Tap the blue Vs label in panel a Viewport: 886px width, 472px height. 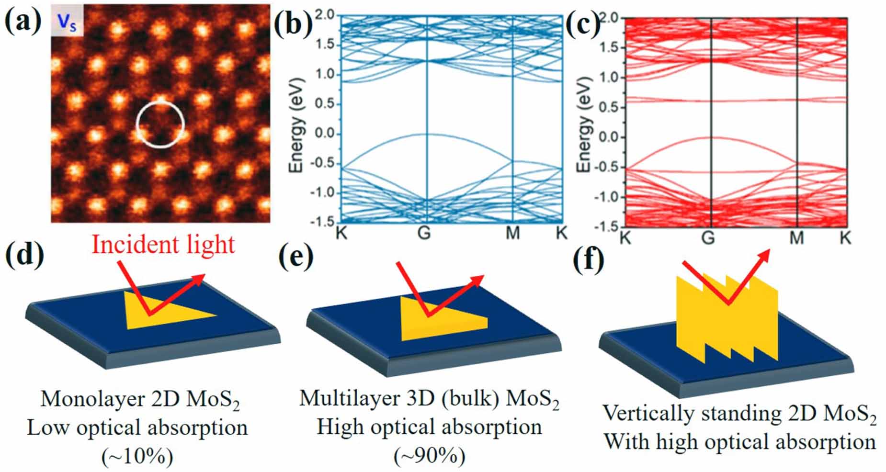tap(68, 21)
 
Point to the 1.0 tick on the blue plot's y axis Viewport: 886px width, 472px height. tap(325, 75)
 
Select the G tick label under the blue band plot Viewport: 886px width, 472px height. tap(424, 233)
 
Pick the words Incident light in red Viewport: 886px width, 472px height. tap(163, 245)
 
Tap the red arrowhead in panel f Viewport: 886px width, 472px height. tap(765, 254)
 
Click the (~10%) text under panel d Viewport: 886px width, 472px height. tap(137, 457)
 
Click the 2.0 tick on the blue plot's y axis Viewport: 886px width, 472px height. tap(325, 15)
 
